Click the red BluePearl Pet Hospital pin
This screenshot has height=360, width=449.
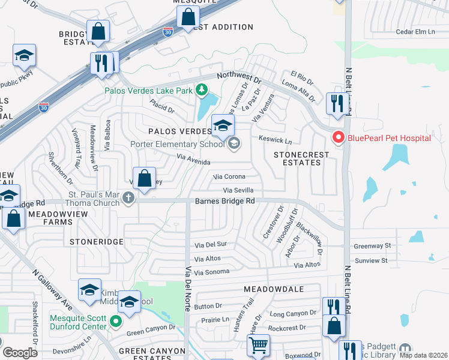(338, 138)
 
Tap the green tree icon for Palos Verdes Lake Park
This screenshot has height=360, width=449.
(202, 91)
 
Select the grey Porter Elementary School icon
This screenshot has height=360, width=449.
(234, 143)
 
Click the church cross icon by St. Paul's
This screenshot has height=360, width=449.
(128, 197)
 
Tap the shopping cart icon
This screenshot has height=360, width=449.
(258, 345)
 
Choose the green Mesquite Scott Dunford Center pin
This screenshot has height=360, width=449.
(117, 326)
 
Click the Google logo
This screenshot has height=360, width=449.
(20, 352)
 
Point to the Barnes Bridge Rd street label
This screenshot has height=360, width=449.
(224, 202)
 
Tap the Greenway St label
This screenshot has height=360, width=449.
(372, 245)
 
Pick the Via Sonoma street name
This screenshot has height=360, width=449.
(212, 272)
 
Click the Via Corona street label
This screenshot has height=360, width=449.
(230, 177)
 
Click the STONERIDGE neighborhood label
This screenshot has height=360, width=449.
(96, 241)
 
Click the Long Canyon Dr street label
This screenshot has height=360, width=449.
(292, 313)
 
